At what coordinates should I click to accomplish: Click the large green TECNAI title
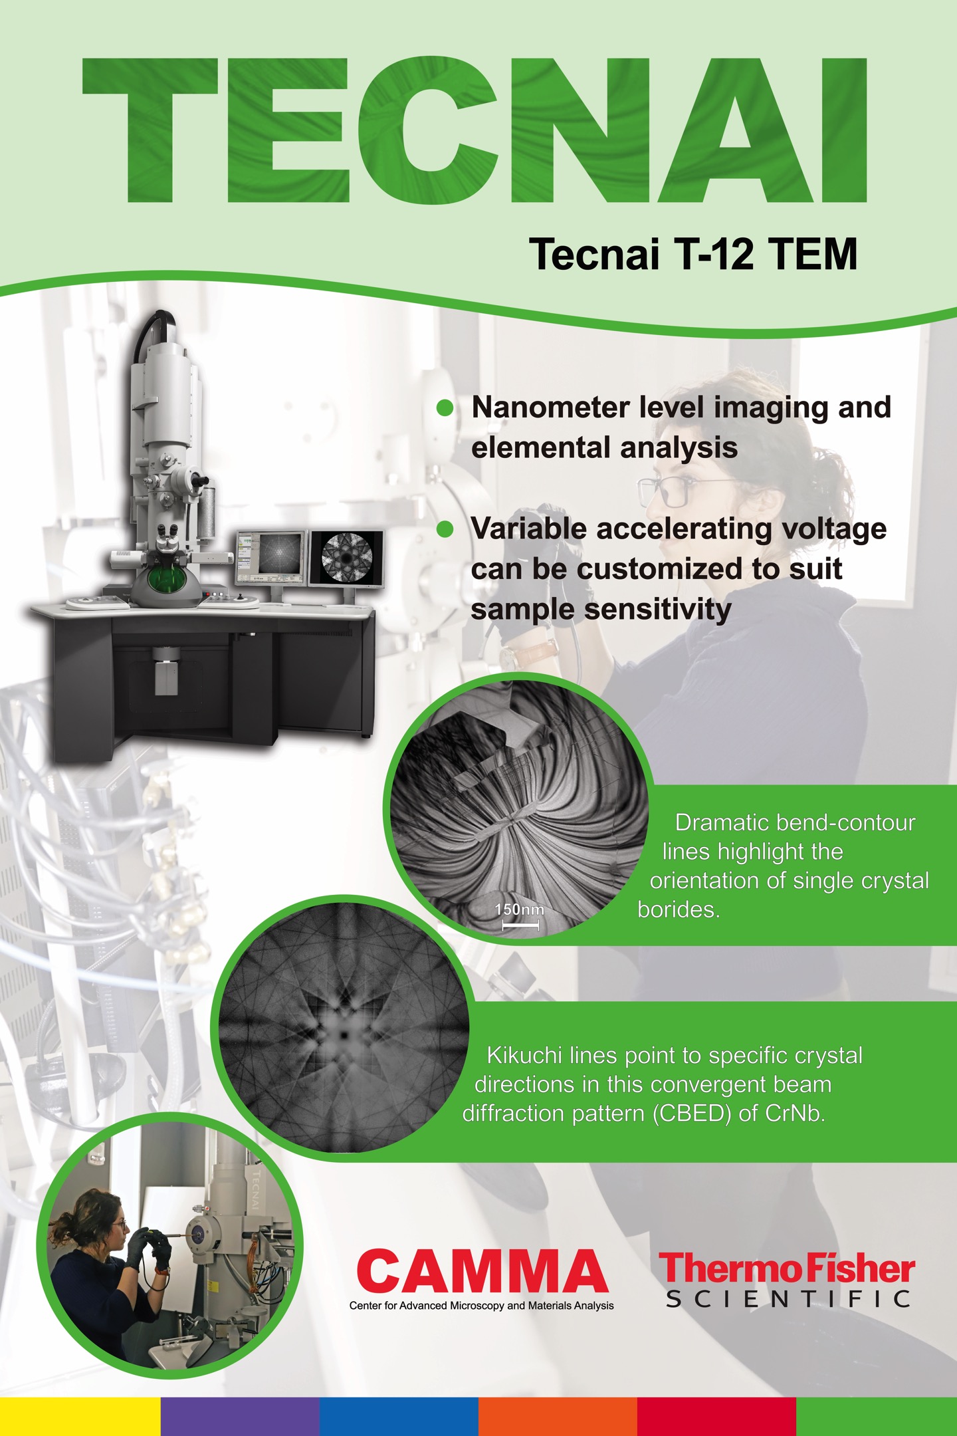[x=475, y=130]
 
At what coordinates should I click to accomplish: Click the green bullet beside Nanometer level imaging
[x=445, y=408]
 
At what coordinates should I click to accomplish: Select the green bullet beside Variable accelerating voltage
[x=445, y=529]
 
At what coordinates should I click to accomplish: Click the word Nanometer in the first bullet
[x=550, y=407]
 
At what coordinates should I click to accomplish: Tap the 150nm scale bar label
[x=519, y=909]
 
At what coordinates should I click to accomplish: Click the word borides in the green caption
[x=679, y=909]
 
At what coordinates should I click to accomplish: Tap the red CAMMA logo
[x=482, y=1271]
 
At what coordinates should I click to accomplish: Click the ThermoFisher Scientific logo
[x=788, y=1280]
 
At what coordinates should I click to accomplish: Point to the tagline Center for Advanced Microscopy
[x=482, y=1306]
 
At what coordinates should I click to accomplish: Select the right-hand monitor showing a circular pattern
[x=346, y=558]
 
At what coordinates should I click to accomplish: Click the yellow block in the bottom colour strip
[x=80, y=1417]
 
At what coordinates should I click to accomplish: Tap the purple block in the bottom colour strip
[x=240, y=1417]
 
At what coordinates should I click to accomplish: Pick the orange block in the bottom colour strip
[x=558, y=1417]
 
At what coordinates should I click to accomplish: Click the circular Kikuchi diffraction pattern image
[x=343, y=1028]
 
